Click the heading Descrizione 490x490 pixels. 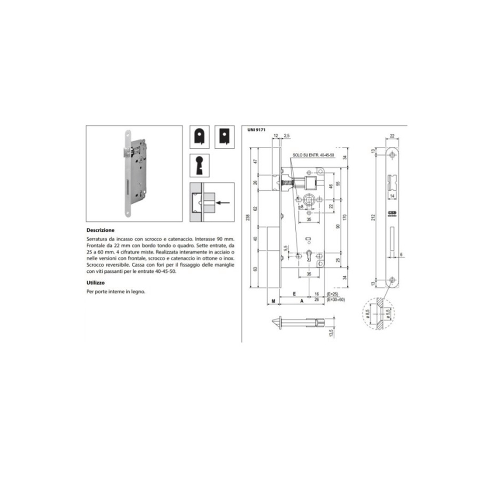(x=100, y=229)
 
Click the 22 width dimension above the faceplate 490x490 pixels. (x=392, y=136)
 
